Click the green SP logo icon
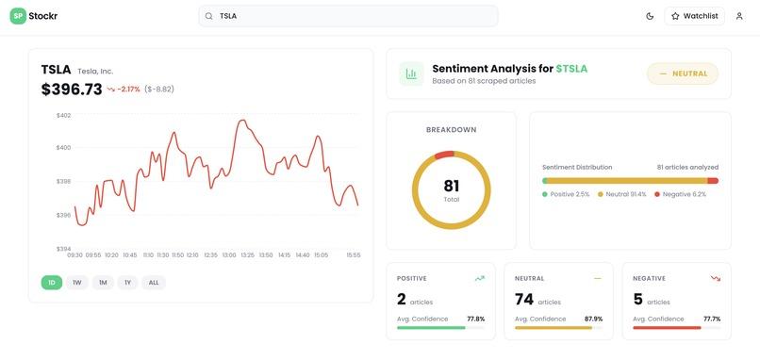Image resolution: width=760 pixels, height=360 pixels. click(18, 16)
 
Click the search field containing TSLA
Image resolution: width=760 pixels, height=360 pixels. click(348, 16)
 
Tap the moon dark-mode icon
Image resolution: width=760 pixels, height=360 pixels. click(650, 16)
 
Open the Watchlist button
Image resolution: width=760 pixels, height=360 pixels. click(695, 16)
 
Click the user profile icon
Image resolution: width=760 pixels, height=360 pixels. click(739, 16)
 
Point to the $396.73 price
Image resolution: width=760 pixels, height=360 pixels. click(72, 90)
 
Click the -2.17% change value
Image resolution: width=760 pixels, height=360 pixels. click(128, 90)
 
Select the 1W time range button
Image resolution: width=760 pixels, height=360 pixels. click(77, 283)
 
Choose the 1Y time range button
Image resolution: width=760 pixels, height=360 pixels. click(127, 283)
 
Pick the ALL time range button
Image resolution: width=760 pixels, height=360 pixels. click(154, 283)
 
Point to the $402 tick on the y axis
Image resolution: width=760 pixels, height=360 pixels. click(63, 115)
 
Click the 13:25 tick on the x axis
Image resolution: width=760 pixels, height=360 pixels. click(247, 254)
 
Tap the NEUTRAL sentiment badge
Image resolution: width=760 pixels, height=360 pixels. click(683, 74)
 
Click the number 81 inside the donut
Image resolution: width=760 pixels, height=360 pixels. click(452, 186)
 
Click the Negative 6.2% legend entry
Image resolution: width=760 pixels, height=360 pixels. click(680, 194)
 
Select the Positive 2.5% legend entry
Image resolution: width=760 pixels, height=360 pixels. click(566, 194)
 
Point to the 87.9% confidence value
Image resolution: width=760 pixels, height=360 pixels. click(594, 319)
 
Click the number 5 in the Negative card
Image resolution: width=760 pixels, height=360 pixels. click(637, 300)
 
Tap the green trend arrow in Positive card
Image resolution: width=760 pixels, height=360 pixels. click(480, 279)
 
